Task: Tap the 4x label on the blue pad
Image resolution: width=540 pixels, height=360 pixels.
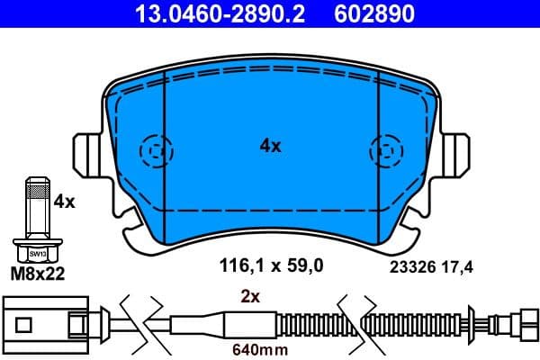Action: tap(270, 145)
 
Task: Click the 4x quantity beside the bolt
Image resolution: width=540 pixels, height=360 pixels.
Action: tap(64, 202)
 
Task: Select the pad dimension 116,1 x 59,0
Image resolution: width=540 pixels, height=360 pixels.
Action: tap(271, 265)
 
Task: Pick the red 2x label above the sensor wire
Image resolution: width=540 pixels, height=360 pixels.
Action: tap(249, 295)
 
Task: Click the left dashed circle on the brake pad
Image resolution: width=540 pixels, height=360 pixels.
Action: tap(156, 149)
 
